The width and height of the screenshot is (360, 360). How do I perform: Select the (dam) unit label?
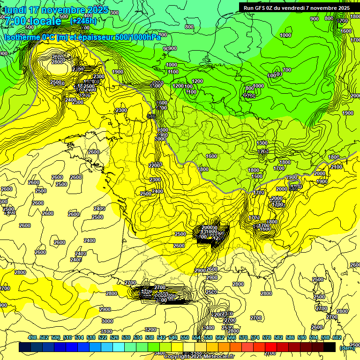(x=347, y=347)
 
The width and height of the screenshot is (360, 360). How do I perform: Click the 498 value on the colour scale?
(x=32, y=337)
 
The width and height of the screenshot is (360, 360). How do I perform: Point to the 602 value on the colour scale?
(x=337, y=337)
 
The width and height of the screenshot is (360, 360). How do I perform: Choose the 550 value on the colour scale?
(x=185, y=337)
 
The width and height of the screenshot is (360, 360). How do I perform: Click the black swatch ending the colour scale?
(x=330, y=347)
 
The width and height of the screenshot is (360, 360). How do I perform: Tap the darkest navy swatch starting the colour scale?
(x=25, y=347)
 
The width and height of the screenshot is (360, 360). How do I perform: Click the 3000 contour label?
(x=107, y=321)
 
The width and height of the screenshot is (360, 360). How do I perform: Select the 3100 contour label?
(x=106, y=331)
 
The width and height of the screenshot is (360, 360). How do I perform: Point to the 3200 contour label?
(x=150, y=329)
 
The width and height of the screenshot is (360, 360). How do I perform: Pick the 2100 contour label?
(x=336, y=167)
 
